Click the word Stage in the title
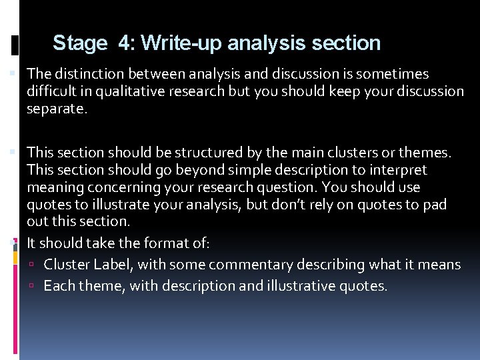pyautogui.click(x=79, y=43)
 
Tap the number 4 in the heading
pyautogui.click(x=125, y=43)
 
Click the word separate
pyautogui.click(x=56, y=107)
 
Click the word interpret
pyautogui.click(x=396, y=170)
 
